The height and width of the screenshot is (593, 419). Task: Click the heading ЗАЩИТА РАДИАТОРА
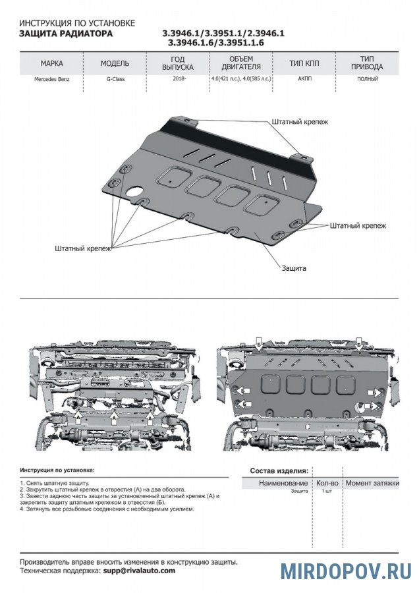(65, 33)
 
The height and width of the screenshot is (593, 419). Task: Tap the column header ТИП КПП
(304, 64)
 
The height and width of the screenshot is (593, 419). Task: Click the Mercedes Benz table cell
(51, 79)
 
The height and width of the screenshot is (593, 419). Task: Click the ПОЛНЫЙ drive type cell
(367, 79)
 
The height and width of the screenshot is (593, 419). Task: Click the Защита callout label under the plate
(294, 268)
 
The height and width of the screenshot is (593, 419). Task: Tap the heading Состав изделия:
(279, 471)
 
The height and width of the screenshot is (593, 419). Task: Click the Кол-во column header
(328, 483)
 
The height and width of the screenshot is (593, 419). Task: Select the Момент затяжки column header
(373, 483)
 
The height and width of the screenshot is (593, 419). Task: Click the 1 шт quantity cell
(327, 492)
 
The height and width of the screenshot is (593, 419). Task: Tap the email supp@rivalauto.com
(138, 571)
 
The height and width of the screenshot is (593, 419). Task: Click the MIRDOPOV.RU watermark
(347, 571)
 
